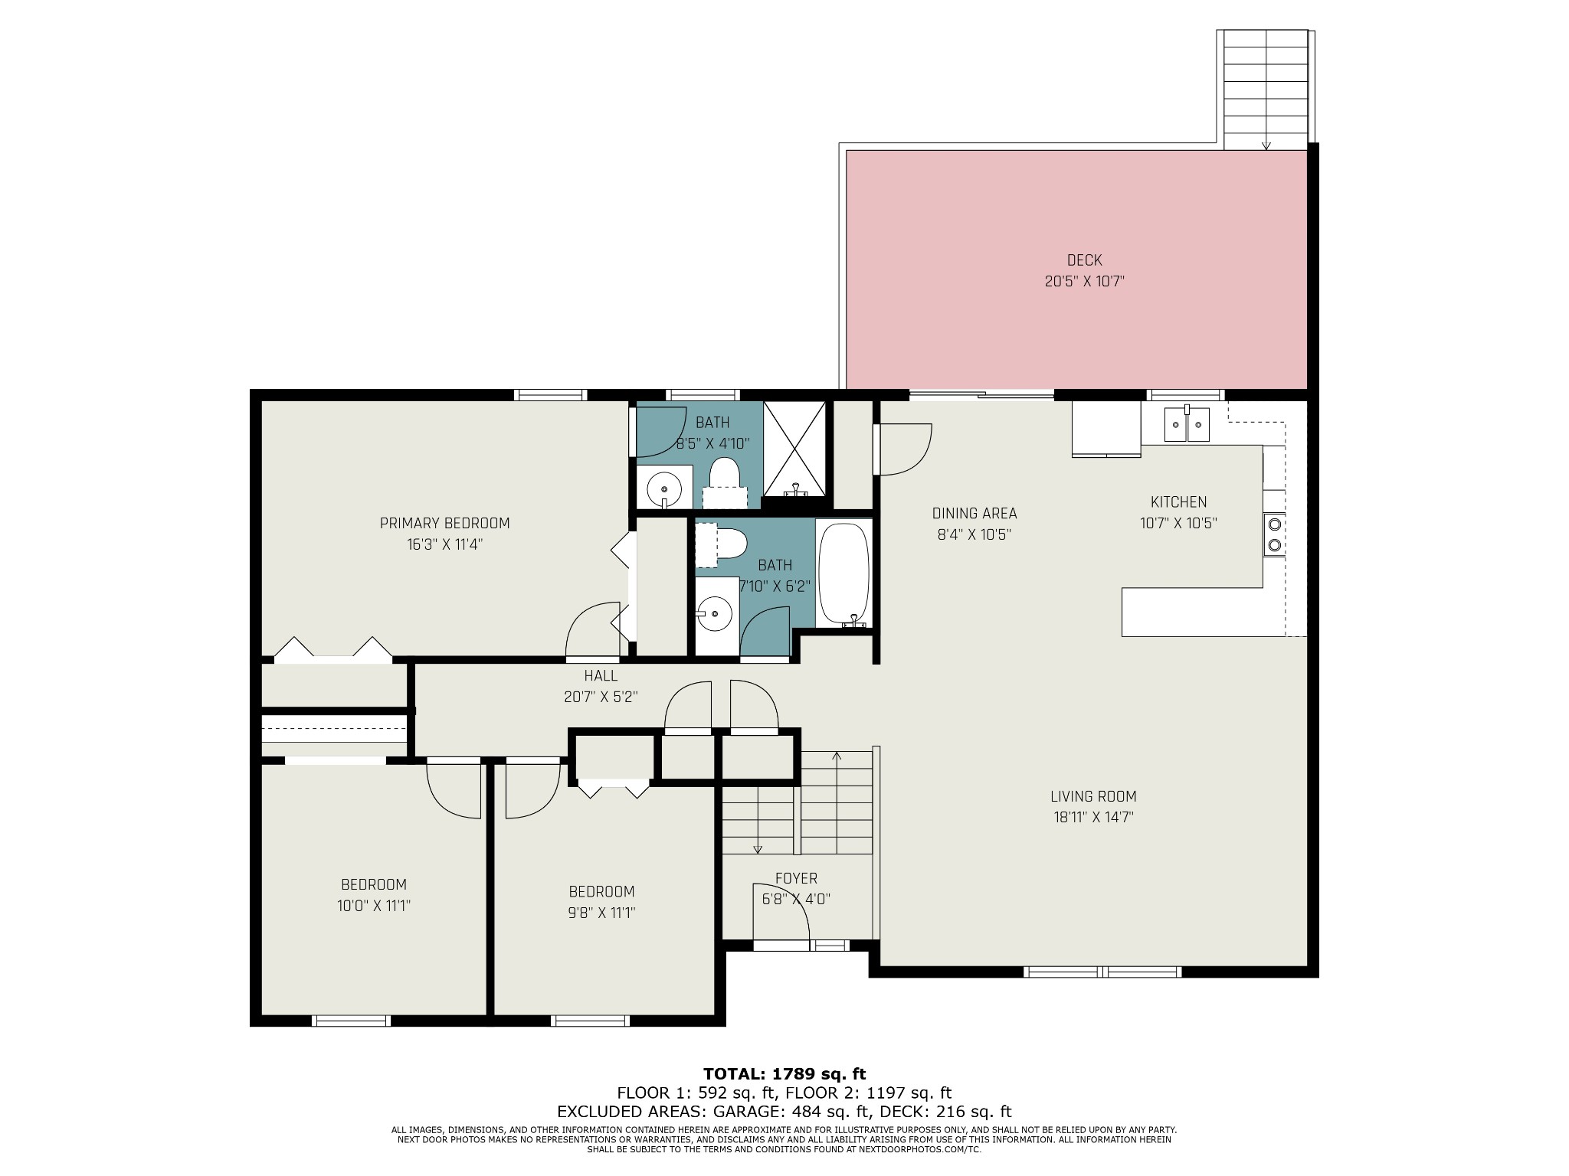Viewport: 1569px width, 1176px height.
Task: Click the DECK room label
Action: coord(1084,260)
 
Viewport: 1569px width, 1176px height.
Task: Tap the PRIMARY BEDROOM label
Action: coord(444,524)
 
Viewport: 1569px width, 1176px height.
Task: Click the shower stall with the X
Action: coord(795,448)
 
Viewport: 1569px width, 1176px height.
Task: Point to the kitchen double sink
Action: coord(1186,425)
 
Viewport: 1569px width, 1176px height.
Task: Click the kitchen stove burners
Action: coord(1274,534)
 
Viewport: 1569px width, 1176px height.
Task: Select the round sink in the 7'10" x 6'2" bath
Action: coord(714,613)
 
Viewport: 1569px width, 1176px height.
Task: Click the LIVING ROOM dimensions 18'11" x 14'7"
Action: coord(1093,817)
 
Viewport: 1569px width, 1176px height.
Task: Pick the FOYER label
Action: coord(796,878)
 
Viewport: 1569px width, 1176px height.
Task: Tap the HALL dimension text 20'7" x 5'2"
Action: coord(601,697)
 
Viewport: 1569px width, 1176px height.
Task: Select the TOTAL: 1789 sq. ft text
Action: coord(784,1074)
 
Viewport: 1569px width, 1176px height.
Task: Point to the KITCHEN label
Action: coord(1178,502)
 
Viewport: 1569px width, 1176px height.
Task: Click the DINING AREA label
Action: coord(974,514)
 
